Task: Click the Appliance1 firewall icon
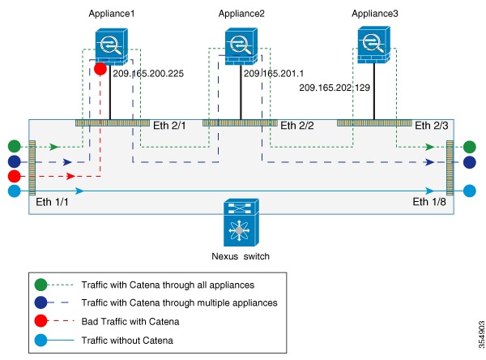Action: point(109,44)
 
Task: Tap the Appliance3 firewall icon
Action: point(373,44)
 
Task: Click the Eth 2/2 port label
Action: point(296,126)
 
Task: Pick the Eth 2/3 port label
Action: point(430,126)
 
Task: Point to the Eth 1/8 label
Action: point(428,202)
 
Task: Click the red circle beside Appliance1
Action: point(100,70)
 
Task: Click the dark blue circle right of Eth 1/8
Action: point(470,162)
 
